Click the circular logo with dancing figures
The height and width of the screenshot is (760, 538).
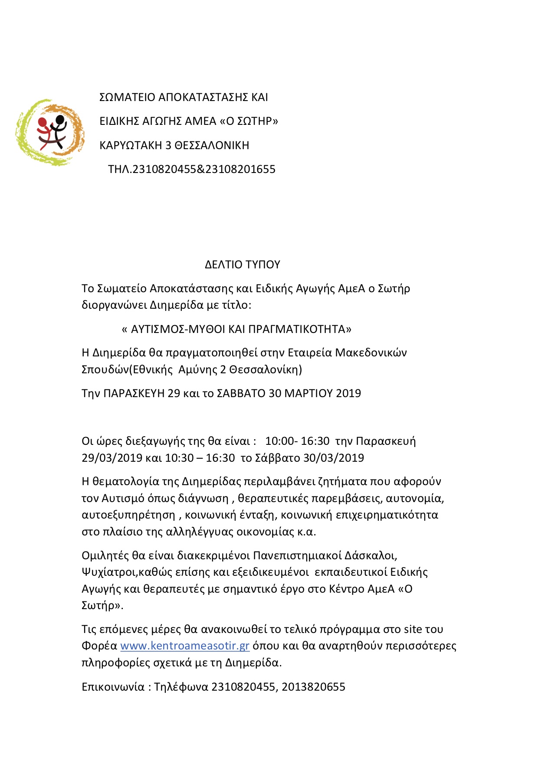[50, 132]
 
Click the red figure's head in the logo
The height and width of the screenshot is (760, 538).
[43, 122]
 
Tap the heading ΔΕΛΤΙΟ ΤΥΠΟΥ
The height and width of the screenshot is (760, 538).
[243, 264]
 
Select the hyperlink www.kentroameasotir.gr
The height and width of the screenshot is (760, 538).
[185, 646]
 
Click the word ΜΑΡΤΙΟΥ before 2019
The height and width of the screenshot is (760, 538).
[309, 393]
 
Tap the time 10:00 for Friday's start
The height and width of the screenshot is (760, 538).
[279, 441]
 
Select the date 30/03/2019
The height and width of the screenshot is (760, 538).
[334, 458]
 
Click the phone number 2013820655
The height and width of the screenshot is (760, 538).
[314, 687]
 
